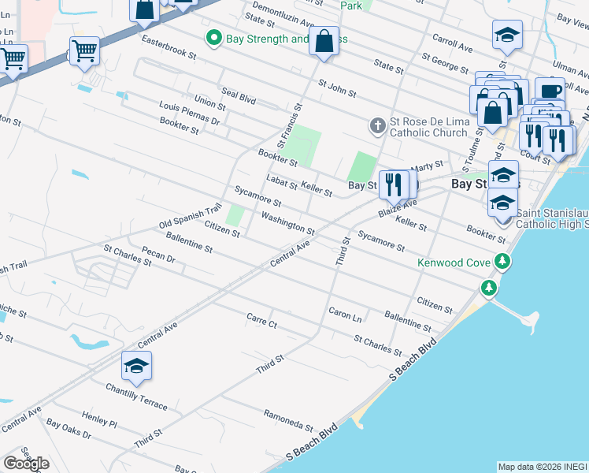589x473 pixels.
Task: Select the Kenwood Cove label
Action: coord(454,262)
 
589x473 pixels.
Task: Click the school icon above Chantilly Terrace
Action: coord(136,367)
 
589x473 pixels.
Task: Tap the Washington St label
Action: coord(288,224)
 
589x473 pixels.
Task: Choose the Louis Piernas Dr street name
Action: coord(189,114)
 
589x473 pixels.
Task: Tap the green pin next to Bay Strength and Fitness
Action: coord(213,38)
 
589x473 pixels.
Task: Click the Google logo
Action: coord(26,464)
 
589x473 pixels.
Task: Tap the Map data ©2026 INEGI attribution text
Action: coord(542,467)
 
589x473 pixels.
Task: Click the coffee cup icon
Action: coord(550,91)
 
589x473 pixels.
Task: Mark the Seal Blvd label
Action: coord(239,98)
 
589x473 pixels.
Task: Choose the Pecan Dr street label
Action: coord(157,255)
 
